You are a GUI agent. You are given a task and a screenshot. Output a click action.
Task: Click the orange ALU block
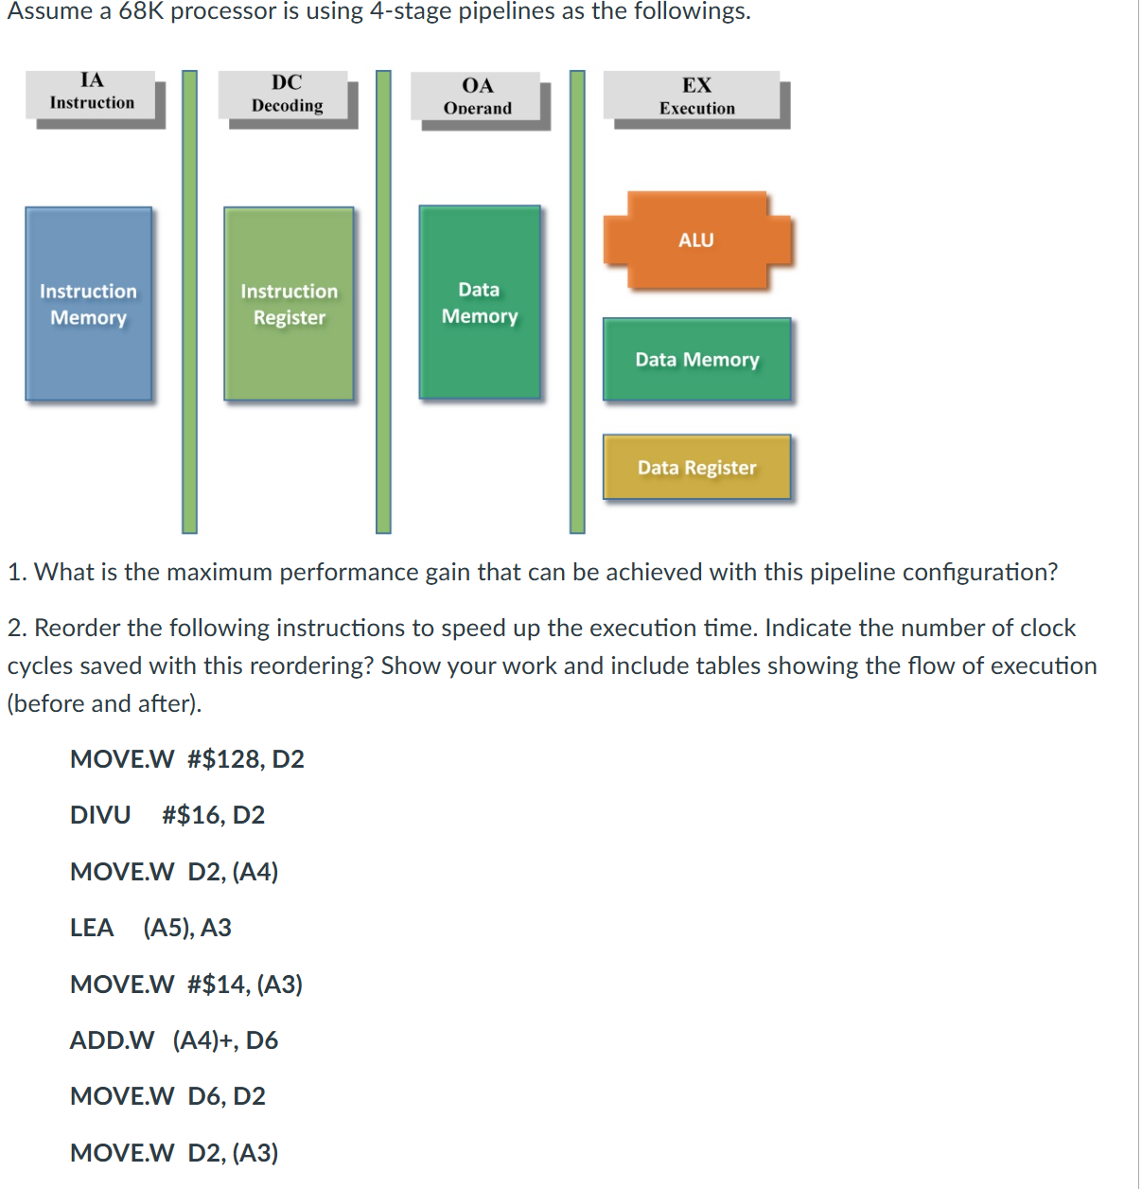pos(697,240)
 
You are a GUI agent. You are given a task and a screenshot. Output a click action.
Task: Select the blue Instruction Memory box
pos(89,304)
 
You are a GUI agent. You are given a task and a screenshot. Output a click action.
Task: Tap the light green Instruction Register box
pos(289,304)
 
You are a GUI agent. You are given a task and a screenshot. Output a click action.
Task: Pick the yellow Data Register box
pos(696,467)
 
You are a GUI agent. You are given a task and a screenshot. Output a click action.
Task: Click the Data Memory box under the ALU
pos(696,360)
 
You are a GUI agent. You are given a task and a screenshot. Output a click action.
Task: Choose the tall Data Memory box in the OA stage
pos(480,302)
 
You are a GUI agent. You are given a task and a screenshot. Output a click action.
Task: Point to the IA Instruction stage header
pos(92,93)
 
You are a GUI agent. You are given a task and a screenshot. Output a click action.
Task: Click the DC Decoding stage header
pos(287,95)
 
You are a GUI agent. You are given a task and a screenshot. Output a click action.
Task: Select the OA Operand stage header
pos(477,97)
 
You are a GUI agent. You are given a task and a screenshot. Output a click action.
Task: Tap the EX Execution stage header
pos(696,97)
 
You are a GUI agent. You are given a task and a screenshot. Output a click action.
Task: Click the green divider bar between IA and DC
pos(190,301)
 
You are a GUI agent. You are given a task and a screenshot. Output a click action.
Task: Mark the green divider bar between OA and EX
pos(577,301)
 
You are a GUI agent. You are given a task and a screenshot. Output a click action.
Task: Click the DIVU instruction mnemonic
pos(100,815)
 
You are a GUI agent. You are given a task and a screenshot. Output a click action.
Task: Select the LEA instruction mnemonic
pos(92,928)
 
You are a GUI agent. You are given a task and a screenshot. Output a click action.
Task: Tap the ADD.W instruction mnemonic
pos(112,1040)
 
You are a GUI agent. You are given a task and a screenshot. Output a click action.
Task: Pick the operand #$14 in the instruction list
pos(217,985)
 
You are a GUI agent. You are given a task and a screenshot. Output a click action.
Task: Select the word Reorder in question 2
pos(78,628)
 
